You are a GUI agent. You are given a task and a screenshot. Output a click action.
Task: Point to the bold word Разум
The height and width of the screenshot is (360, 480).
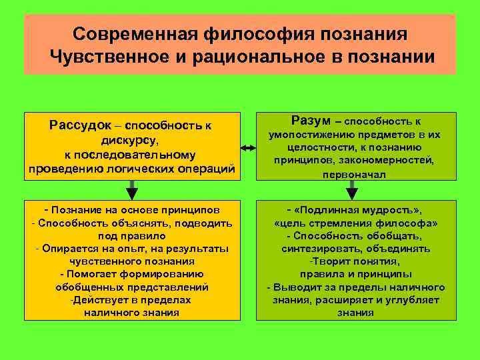click(311, 120)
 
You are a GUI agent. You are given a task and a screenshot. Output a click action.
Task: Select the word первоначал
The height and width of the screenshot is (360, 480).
click(347, 175)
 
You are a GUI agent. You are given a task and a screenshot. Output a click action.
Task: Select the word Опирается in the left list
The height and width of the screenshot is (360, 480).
click(65, 248)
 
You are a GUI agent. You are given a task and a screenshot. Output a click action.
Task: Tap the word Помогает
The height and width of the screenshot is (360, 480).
click(88, 274)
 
